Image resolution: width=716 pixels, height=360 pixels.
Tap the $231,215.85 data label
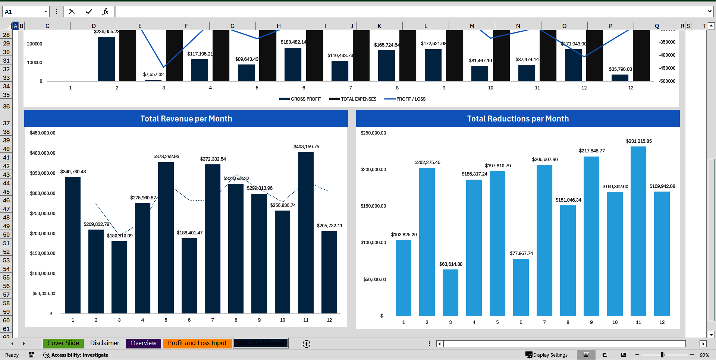pos(638,141)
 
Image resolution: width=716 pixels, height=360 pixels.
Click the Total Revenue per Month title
pos(186,119)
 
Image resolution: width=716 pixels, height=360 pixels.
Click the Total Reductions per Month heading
pos(518,119)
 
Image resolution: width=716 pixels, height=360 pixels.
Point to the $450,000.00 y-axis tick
pos(43,133)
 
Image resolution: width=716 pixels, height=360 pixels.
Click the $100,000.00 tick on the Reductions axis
pos(373,243)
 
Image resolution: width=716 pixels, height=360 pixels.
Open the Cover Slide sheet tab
pos(63,343)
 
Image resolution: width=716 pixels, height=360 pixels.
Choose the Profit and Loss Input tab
pos(197,343)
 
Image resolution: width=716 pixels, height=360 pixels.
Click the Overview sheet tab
pos(143,343)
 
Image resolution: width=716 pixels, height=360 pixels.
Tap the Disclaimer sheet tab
pos(104,343)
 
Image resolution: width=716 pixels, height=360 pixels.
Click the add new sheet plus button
pos(306,344)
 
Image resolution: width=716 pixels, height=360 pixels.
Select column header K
pos(379,26)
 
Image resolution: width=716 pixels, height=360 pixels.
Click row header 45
pos(6,192)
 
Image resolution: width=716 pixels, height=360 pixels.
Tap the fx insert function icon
pos(105,12)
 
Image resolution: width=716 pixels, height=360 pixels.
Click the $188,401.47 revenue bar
pos(189,276)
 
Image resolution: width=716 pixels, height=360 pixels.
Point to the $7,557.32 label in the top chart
pos(153,75)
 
